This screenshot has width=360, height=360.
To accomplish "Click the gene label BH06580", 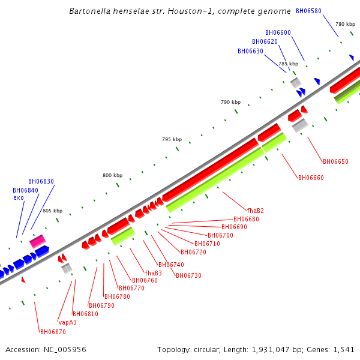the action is [308, 11].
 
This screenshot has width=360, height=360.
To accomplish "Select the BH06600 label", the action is [278, 32].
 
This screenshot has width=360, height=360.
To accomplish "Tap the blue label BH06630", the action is [250, 51].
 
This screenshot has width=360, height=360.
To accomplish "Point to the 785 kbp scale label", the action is [288, 64].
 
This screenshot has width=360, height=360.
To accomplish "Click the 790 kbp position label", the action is [230, 102].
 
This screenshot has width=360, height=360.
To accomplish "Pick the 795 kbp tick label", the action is [172, 139].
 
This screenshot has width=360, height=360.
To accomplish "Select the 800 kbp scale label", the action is [112, 175].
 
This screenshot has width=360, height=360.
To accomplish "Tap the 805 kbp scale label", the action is [52, 211].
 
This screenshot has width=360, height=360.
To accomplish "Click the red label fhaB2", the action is [255, 211].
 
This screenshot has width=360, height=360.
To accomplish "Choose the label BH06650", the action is [335, 161].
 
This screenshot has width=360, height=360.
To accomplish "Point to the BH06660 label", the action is [311, 177].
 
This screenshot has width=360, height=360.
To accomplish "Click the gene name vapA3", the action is [67, 322].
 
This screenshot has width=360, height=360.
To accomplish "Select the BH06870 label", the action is [52, 332].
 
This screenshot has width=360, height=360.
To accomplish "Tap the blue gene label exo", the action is [19, 197].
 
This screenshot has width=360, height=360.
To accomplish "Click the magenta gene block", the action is [38, 241].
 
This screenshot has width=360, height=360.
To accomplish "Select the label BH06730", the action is [188, 275].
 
